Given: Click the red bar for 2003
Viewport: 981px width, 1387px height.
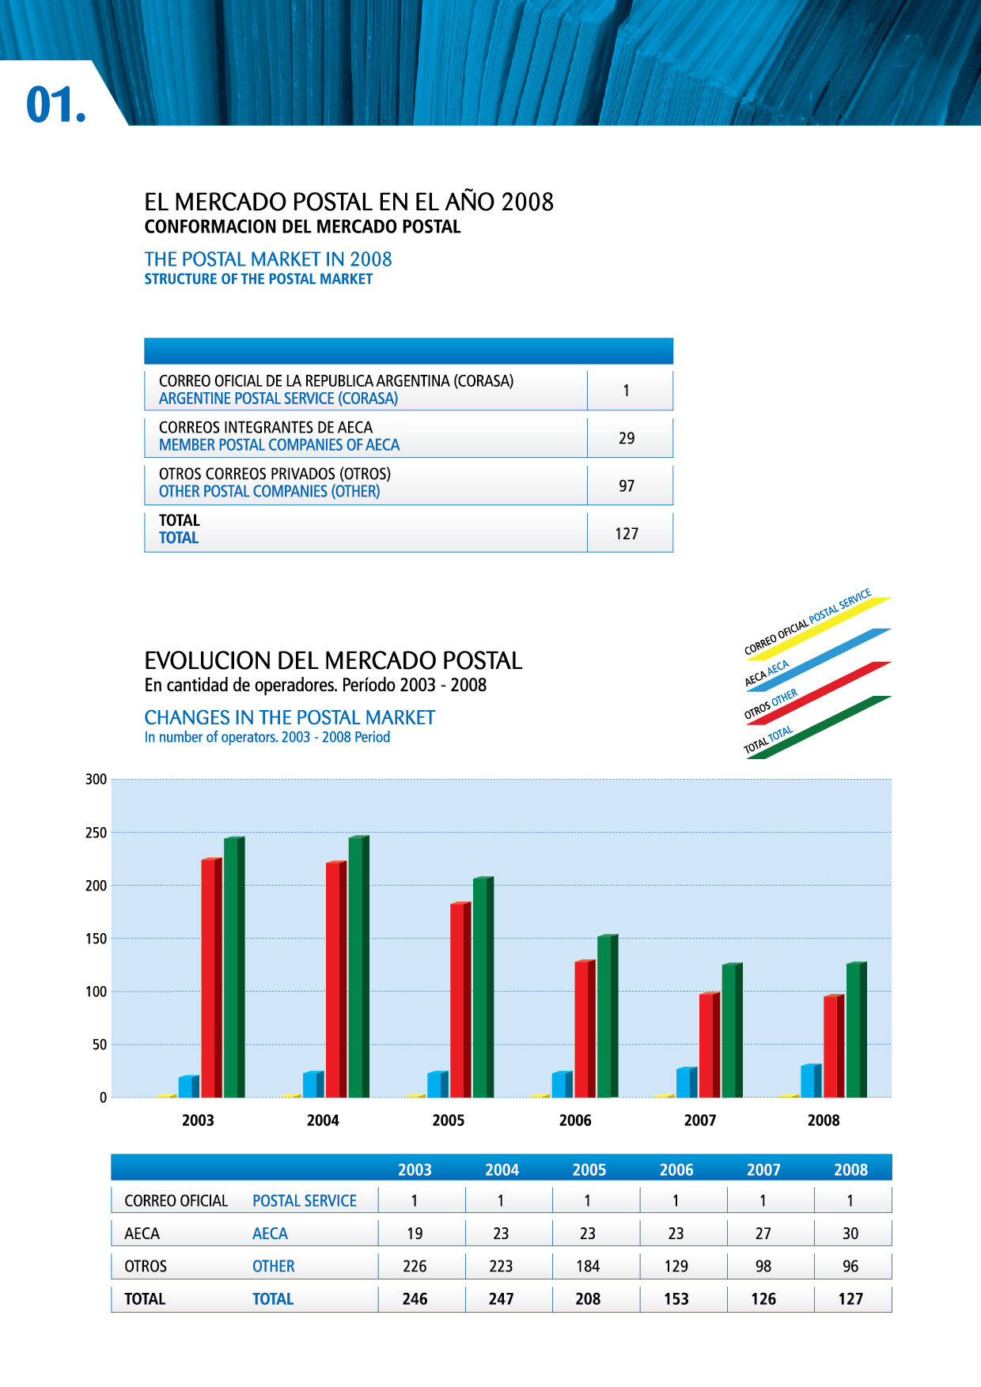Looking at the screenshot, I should [210, 977].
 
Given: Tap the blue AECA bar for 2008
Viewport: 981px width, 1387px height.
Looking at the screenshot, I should [810, 1081].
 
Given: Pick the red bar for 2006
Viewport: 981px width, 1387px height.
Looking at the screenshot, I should [585, 1029].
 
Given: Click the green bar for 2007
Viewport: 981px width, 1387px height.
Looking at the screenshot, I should [732, 1030].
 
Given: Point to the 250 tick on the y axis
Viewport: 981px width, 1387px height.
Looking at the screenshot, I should [96, 833].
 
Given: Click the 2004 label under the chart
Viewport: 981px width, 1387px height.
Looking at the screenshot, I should [323, 1121].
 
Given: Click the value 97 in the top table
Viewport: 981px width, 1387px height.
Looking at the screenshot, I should [627, 486].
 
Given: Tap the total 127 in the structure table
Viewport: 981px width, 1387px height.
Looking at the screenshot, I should [627, 534].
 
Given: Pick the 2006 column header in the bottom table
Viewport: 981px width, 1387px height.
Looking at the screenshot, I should [676, 1170].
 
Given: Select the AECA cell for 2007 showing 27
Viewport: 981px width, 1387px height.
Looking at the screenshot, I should [763, 1234].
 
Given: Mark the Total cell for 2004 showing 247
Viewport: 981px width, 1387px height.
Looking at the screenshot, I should [501, 1299].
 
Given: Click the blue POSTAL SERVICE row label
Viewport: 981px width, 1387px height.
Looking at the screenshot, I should [305, 1201].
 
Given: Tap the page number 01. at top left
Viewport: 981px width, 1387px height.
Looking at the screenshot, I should [56, 105].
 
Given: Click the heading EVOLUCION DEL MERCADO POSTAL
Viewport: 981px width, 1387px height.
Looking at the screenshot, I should [333, 661].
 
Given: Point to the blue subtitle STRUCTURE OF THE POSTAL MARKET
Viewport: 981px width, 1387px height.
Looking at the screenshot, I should [258, 279].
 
